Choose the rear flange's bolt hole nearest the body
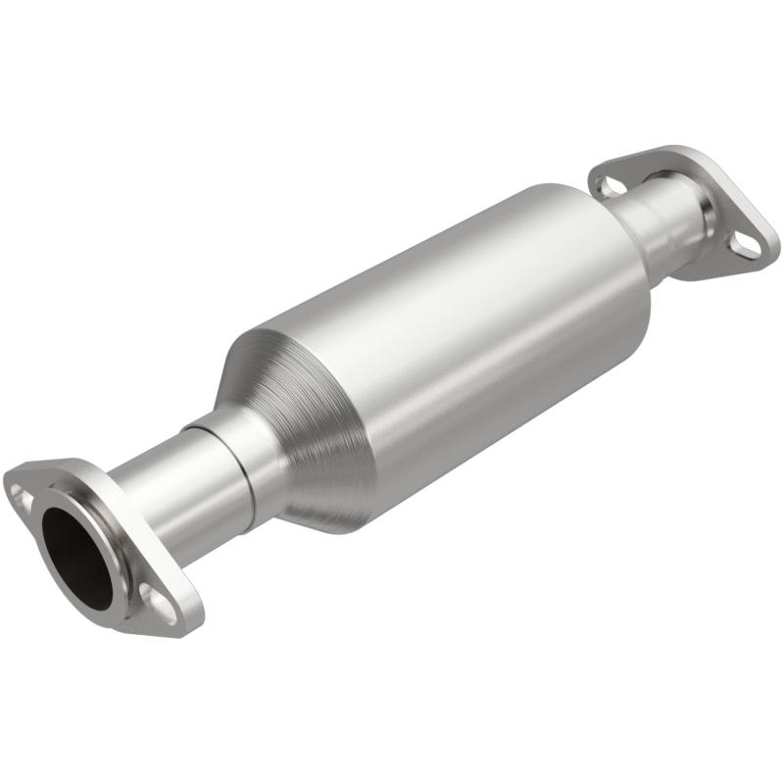tap(610, 183)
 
